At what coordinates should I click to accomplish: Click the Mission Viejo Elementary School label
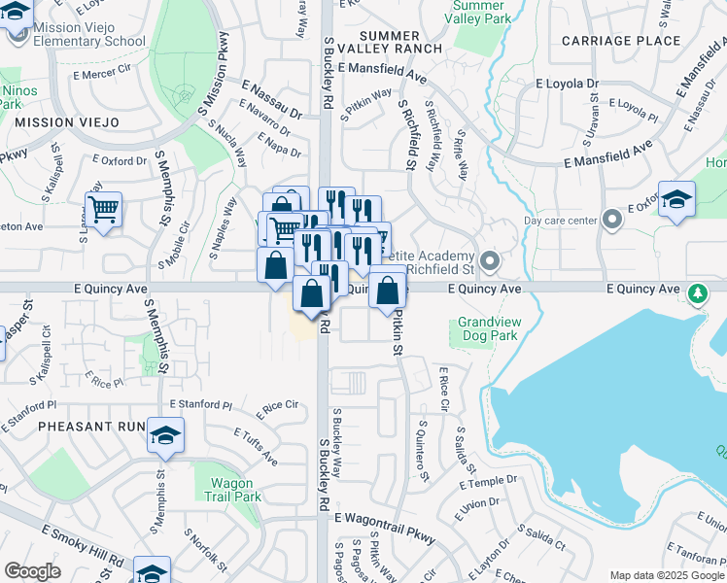pyautogui.click(x=88, y=34)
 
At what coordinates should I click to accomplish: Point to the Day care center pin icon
pyautogui.click(x=611, y=220)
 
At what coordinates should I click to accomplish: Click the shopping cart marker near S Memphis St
pyautogui.click(x=102, y=207)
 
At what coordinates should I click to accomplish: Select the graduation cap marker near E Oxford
pyautogui.click(x=676, y=200)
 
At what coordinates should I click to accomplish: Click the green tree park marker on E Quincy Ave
pyautogui.click(x=696, y=292)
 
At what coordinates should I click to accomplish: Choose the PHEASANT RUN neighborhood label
pyautogui.click(x=79, y=427)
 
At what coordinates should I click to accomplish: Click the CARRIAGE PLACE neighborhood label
pyautogui.click(x=621, y=41)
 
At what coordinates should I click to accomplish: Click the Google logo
pyautogui.click(x=33, y=571)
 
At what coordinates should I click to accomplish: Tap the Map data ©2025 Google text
pyautogui.click(x=665, y=575)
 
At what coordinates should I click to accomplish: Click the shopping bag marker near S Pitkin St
pyautogui.click(x=388, y=289)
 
